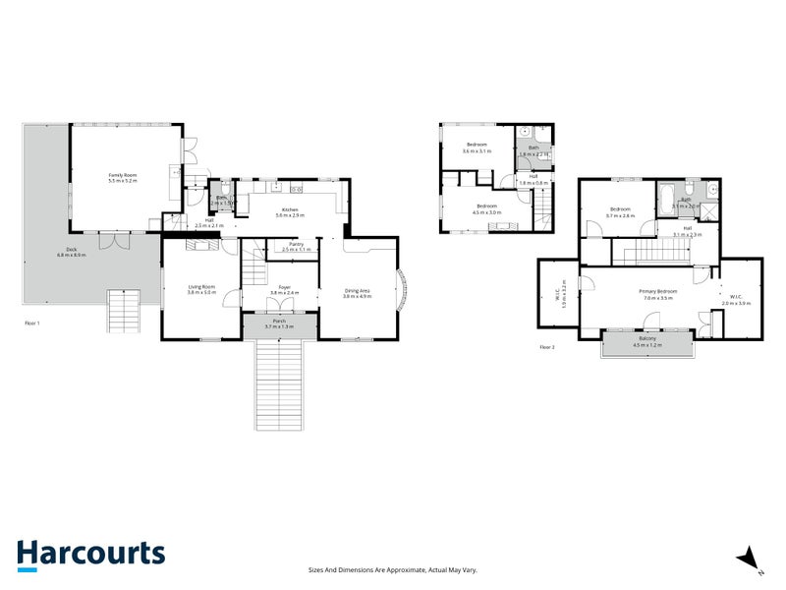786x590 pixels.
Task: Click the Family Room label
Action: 123,176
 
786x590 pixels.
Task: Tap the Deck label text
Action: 71,249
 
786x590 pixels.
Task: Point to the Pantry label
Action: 296,244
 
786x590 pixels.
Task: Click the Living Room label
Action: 201,286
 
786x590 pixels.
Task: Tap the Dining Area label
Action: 357,289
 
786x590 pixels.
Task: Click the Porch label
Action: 279,321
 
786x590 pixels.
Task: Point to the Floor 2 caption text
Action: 547,347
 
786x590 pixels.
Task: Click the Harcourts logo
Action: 90,554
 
